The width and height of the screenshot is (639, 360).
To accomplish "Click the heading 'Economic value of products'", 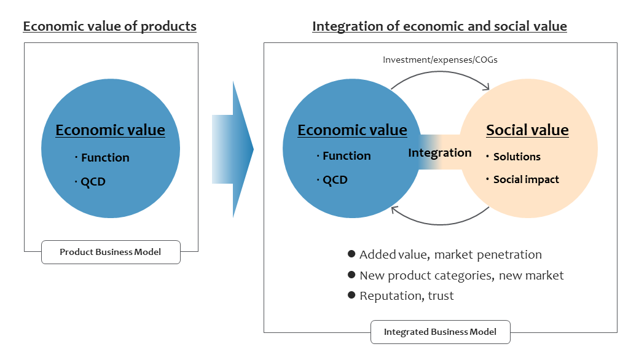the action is (x=109, y=26).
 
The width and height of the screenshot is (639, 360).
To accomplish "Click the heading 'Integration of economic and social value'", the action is (x=439, y=26).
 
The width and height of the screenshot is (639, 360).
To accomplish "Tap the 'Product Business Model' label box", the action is (x=111, y=252).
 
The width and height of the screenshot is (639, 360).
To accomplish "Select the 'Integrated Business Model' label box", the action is (x=440, y=332).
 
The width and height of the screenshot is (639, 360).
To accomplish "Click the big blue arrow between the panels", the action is (x=233, y=149).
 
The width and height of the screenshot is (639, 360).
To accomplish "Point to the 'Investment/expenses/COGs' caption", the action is (x=440, y=60).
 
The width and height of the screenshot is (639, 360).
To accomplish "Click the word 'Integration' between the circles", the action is (x=440, y=153).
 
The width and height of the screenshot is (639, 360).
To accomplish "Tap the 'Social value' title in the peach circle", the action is (x=527, y=130).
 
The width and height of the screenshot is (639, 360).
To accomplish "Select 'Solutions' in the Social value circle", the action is (x=517, y=157).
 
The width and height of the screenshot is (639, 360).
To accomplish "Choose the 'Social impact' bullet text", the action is (x=526, y=179).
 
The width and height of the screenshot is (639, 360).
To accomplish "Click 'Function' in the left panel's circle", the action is (x=105, y=158).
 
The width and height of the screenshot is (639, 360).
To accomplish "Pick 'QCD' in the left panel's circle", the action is (x=93, y=182).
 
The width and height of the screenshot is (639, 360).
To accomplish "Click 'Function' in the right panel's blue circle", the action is (x=347, y=156).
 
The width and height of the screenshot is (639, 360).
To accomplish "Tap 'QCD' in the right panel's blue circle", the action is (x=335, y=180).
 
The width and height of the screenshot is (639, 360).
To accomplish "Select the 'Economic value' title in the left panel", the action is (x=111, y=130).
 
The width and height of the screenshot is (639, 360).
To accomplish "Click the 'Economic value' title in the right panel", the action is (x=352, y=130).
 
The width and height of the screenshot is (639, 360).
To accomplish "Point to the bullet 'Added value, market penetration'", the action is (x=450, y=255).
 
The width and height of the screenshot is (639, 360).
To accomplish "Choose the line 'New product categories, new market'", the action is (x=461, y=276).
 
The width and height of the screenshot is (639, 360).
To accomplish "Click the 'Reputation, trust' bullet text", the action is (x=406, y=296).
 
